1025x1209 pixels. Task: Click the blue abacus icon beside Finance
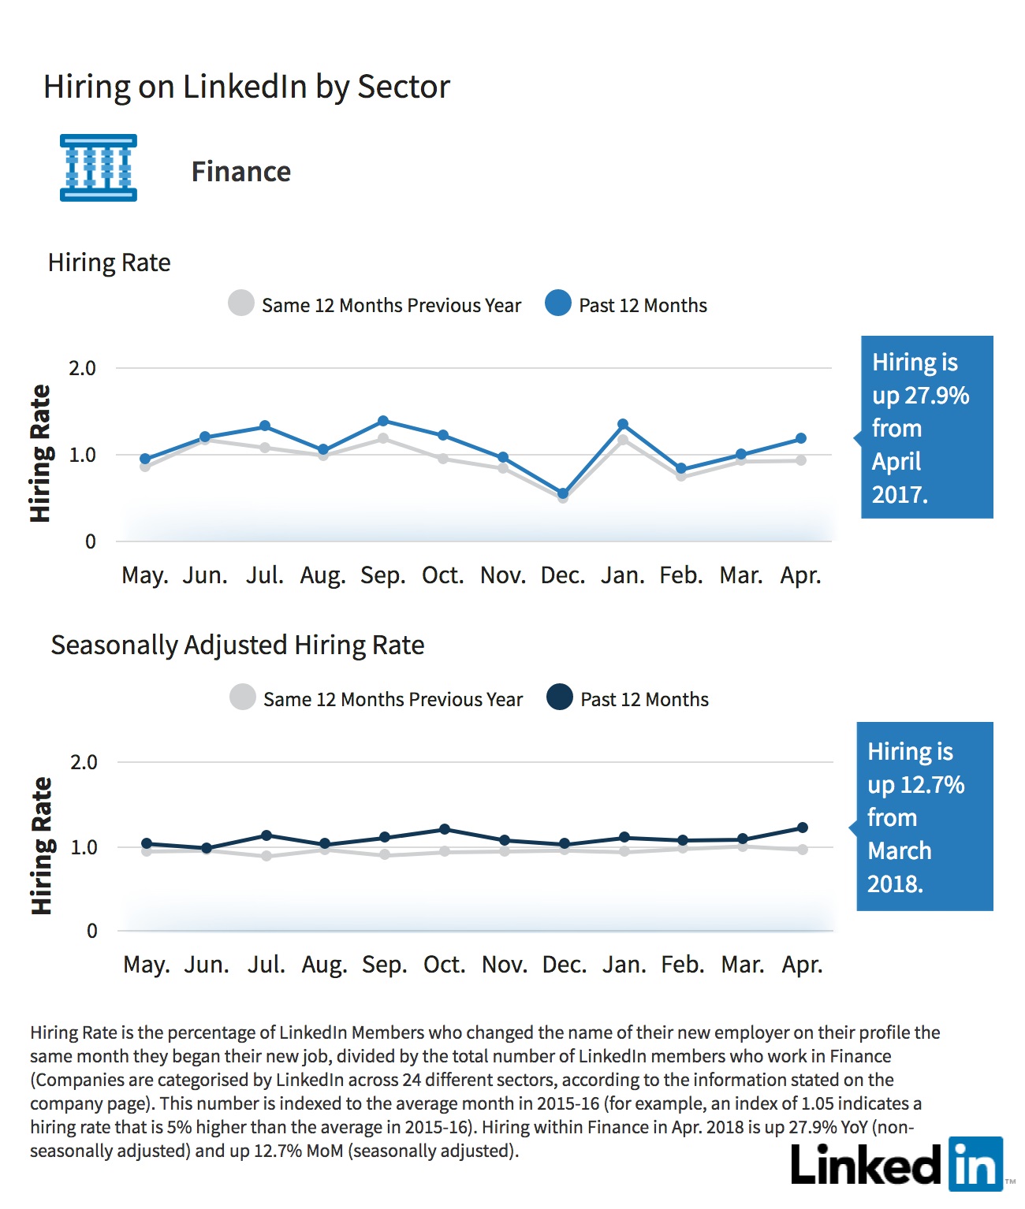(99, 168)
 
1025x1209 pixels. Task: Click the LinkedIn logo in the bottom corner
(897, 1164)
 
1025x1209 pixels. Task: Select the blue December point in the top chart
(563, 493)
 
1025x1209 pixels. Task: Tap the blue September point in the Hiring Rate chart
(383, 421)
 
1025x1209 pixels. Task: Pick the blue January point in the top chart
(623, 423)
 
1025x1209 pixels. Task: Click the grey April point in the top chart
(801, 460)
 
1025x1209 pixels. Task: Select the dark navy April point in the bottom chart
(803, 827)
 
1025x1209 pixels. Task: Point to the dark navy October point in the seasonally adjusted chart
(445, 829)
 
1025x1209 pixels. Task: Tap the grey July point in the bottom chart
(266, 856)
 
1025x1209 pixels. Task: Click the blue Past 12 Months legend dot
(558, 303)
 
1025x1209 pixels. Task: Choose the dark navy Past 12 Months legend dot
(559, 697)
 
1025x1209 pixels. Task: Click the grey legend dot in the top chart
(241, 303)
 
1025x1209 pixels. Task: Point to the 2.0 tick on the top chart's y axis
(83, 369)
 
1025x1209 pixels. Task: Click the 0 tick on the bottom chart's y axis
(91, 931)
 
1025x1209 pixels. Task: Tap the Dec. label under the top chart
(563, 575)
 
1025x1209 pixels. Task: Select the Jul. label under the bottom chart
(266, 964)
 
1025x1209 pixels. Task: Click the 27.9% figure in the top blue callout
(937, 396)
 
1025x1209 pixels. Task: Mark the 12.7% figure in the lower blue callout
(932, 785)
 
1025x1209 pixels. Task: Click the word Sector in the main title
(404, 87)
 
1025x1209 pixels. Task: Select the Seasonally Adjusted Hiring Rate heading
(237, 645)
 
